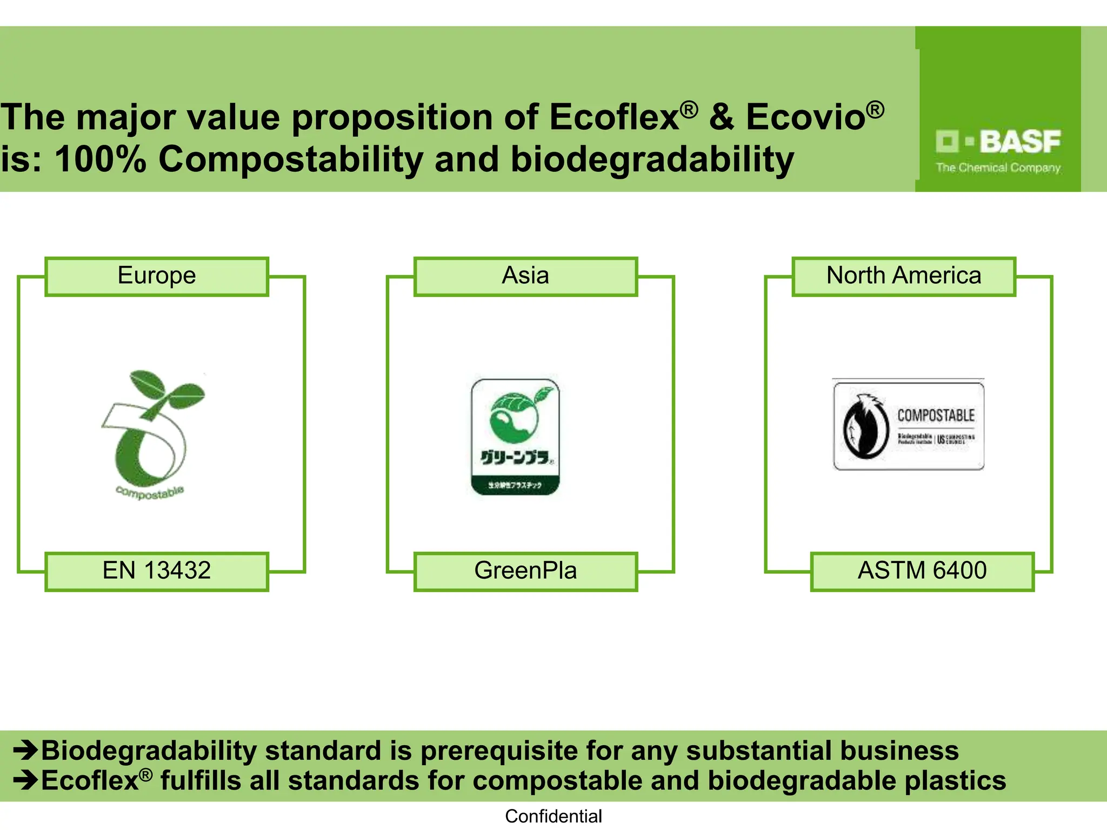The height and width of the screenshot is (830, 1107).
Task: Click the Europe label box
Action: pos(157,276)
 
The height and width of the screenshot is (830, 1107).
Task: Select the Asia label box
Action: pos(525,276)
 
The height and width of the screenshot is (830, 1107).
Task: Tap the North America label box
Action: pos(904,276)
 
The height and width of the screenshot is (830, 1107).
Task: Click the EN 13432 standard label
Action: pos(157,571)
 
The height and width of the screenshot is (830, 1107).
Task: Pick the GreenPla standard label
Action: pos(525,571)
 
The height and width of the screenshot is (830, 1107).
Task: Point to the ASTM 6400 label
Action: pos(922,571)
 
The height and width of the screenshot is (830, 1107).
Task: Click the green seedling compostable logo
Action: pos(151,427)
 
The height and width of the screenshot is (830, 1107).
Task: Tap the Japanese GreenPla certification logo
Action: pos(516,437)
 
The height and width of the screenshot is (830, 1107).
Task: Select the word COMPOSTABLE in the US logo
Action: pos(936,415)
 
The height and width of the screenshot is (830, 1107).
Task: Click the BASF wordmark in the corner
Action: pos(1019,142)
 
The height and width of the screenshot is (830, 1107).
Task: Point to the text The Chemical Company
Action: pos(998,168)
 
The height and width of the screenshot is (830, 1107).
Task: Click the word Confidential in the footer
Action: pos(553,816)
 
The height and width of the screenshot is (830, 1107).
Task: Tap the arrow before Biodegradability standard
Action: pos(25,750)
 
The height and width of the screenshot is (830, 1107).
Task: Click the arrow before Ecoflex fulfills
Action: pos(25,780)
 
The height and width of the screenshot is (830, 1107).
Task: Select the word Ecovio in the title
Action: pos(805,117)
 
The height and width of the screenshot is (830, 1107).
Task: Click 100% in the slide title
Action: pos(101,160)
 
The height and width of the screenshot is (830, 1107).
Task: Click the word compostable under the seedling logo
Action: pos(150,492)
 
